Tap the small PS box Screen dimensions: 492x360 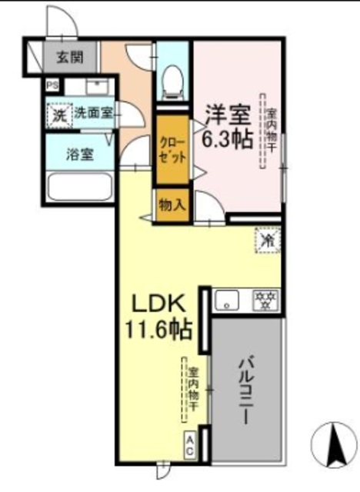pyautogui.click(x=54, y=86)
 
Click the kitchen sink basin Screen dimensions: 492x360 pyautogui.click(x=230, y=298)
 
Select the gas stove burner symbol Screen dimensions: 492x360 pyautogui.click(x=266, y=298)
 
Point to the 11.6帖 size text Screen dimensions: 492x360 pyautogui.click(x=160, y=331)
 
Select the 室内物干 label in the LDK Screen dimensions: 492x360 pyautogui.click(x=192, y=388)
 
